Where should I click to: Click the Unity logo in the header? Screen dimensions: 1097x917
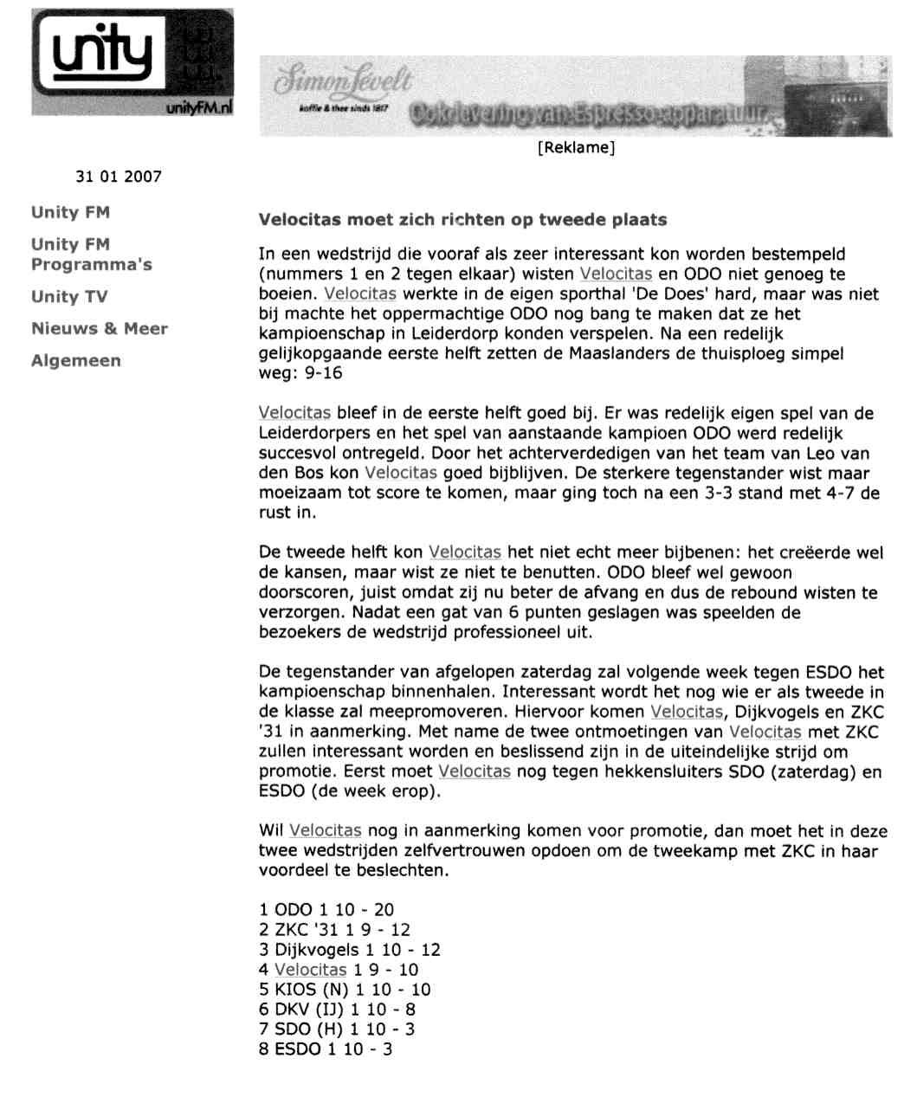(x=132, y=62)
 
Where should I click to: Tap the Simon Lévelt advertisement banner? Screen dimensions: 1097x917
(x=575, y=96)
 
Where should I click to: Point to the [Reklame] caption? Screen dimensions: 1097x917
(x=576, y=148)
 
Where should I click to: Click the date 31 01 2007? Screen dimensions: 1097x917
(x=119, y=177)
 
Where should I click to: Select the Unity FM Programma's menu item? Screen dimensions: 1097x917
(x=91, y=255)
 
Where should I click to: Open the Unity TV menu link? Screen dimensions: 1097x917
(x=69, y=297)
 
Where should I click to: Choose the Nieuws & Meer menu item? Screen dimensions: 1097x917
(x=100, y=329)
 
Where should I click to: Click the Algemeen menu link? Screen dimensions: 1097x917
(x=76, y=361)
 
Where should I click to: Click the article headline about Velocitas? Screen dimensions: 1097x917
(x=463, y=220)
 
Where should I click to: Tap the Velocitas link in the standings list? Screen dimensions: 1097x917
(x=310, y=970)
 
